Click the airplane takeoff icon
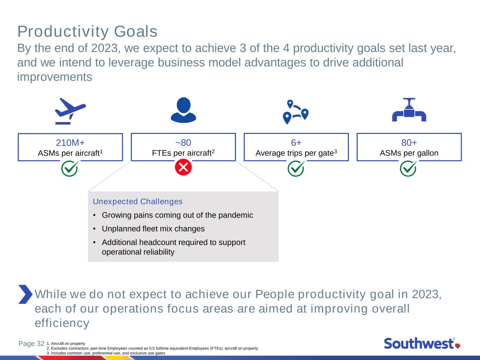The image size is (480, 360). coord(70,111)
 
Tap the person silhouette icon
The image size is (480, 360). coord(183,110)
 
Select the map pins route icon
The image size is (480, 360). coord(295,112)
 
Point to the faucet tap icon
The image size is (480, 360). coord(409,109)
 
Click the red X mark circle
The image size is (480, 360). coord(183,167)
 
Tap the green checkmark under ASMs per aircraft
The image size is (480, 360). coord(70,168)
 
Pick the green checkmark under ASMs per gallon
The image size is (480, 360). coord(409,168)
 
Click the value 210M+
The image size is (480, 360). coord(70,143)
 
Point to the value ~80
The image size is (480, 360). coord(183,143)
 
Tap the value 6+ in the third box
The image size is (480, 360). coord(296,143)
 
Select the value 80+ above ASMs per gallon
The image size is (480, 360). coord(409,143)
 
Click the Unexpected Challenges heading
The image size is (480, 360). coord(137,201)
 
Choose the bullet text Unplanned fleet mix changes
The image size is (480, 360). coord(153,229)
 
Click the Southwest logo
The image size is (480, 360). coord(422,343)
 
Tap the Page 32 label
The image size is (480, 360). coord(31,343)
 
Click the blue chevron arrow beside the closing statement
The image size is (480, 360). coord(25,294)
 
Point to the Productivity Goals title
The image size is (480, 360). coord(87,32)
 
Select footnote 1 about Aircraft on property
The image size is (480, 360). coord(66,343)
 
